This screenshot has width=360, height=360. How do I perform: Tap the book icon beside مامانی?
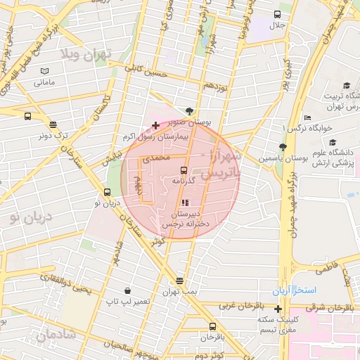tap(45, 72)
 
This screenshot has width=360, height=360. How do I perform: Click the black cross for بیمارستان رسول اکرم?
tap(155, 125)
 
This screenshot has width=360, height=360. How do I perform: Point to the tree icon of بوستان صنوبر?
tap(190, 110)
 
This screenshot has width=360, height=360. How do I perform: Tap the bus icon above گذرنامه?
tap(184, 170)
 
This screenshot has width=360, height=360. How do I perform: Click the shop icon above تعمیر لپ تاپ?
tap(127, 290)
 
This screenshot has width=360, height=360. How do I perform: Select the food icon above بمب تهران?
tap(181, 281)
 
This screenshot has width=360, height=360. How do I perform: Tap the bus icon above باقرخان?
tap(212, 326)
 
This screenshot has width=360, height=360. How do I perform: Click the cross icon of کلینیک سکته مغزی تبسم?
tap(278, 309)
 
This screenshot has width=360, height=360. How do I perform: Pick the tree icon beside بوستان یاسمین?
tap(283, 147)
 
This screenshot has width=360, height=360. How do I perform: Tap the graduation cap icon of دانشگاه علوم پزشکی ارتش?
tap(346, 162)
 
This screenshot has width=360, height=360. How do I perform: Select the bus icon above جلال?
tap(278, 15)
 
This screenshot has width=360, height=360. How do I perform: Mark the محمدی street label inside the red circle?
tap(157, 159)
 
